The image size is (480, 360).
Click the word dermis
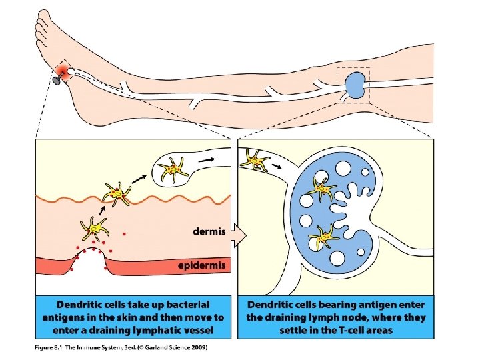pos(209,232)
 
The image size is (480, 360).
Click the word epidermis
pos(203,265)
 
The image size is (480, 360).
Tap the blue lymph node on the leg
pos(355,85)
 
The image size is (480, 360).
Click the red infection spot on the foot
pos(65,71)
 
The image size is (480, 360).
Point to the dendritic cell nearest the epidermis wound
pos(94,229)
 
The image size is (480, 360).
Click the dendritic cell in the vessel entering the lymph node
pos(255,161)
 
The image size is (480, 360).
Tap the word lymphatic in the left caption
pos(153,330)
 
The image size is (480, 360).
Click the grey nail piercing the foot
pos(55,81)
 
